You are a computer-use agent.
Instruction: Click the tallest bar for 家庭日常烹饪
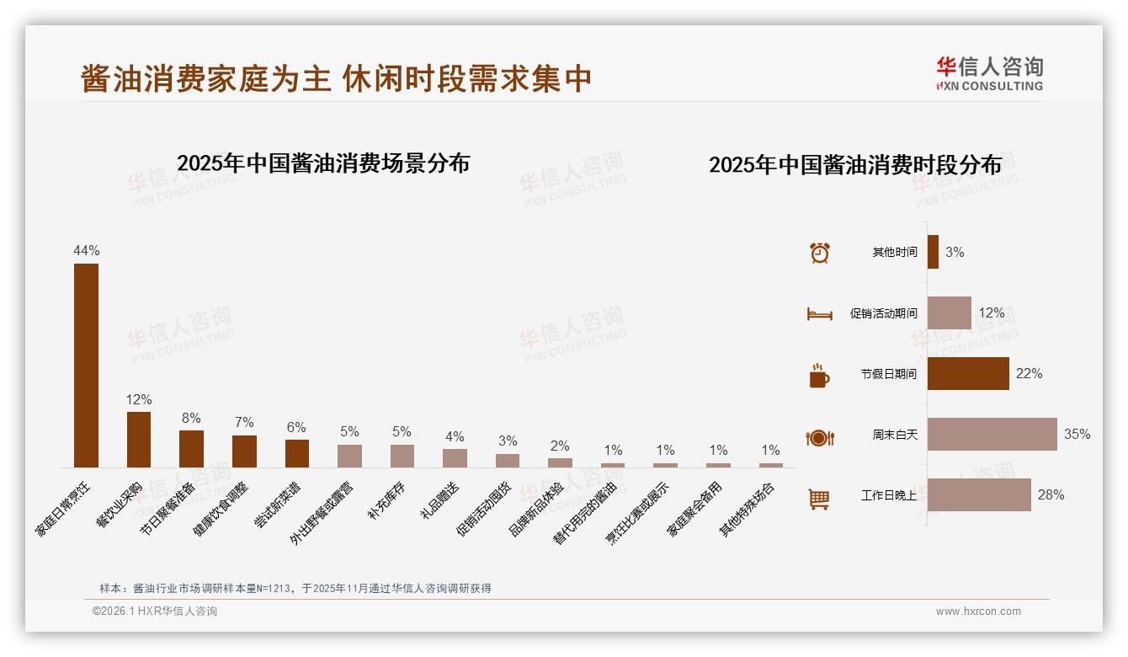[86, 366]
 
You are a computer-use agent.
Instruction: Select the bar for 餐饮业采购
[139, 439]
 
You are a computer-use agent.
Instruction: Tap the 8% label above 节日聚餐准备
[191, 418]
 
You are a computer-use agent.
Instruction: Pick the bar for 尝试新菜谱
[296, 453]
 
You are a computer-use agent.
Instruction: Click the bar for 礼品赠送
[455, 458]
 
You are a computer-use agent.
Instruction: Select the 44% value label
[86, 250]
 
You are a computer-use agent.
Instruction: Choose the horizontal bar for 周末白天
[992, 434]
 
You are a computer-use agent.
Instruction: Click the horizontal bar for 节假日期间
[968, 373]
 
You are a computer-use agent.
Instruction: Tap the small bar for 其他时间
[933, 252]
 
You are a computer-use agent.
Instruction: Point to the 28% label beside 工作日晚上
[1051, 494]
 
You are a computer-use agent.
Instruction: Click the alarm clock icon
[819, 253]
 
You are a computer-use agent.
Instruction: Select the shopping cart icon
[819, 499]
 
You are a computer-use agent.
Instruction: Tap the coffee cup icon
[819, 376]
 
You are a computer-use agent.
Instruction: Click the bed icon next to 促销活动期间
[819, 314]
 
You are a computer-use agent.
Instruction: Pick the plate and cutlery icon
[819, 438]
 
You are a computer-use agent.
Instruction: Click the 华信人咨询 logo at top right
[989, 73]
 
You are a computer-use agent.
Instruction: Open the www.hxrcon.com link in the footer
[978, 612]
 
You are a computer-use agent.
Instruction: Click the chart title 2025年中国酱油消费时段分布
[854, 165]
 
